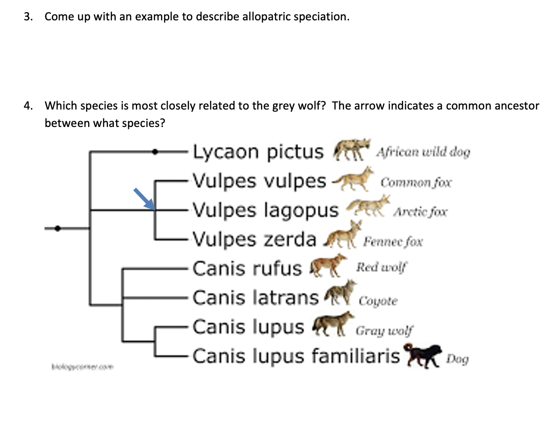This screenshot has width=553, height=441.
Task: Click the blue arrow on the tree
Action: click(144, 198)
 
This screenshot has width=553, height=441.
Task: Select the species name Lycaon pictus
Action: click(258, 152)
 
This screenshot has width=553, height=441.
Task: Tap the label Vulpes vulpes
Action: click(260, 181)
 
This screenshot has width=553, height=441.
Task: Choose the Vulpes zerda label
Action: click(254, 239)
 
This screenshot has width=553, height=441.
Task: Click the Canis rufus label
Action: click(247, 268)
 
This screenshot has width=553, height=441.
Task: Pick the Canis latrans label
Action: click(256, 297)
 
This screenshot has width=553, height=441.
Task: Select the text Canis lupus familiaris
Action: click(296, 356)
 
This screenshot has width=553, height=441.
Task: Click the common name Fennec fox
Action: click(393, 241)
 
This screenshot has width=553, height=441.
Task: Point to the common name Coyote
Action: click(378, 301)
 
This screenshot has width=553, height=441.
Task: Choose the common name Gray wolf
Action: click(385, 331)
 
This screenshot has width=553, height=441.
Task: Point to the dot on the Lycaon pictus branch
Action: click(155, 152)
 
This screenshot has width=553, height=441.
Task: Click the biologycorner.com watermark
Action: click(80, 367)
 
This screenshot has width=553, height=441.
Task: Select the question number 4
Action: click(29, 106)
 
